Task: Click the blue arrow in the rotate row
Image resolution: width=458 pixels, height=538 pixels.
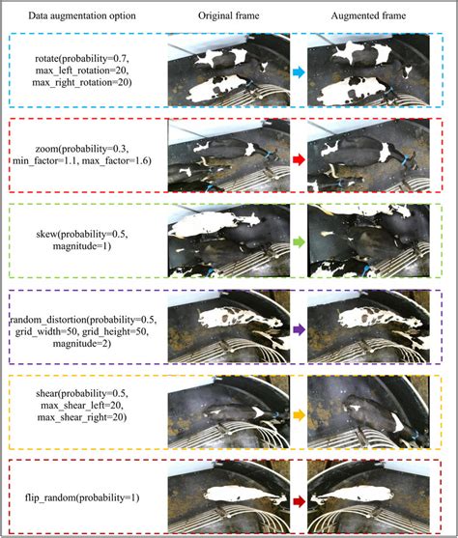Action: click(x=298, y=72)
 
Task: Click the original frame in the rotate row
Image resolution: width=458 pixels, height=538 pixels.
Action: click(x=228, y=72)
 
